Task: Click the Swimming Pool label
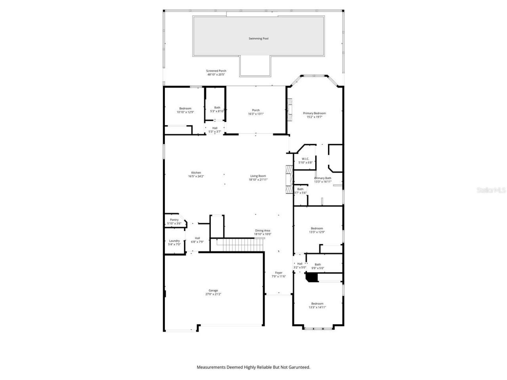258,38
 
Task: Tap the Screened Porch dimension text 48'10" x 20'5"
216,74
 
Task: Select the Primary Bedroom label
314,113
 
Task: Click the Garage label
213,291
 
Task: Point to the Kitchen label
196,173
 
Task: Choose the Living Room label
258,176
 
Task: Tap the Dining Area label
263,230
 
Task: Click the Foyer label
279,273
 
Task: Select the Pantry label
174,220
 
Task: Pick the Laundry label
174,241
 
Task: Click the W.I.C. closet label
305,159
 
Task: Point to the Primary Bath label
323,178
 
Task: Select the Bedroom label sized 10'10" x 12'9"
185,108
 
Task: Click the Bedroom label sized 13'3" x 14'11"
317,304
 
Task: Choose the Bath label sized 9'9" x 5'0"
318,264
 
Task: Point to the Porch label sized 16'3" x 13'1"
256,110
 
